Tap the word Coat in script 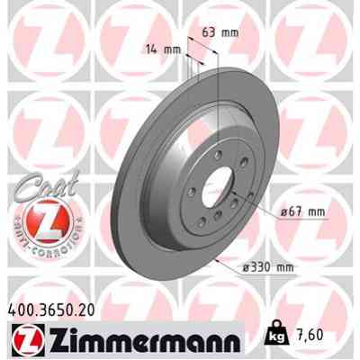click(38, 185)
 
